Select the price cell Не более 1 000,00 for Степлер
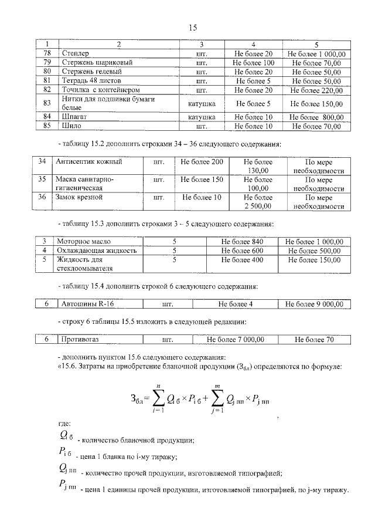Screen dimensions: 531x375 pyautogui.click(x=316, y=53)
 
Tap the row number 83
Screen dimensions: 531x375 pyautogui.click(x=48, y=103)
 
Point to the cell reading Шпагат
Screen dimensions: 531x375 pyautogui.click(x=73, y=117)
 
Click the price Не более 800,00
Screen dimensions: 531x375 pyautogui.click(x=316, y=117)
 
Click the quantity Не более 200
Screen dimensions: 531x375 pyautogui.click(x=202, y=161)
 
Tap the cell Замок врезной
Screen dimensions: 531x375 pyautogui.click(x=79, y=197)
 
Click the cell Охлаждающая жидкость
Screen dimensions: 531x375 pyautogui.click(x=96, y=250)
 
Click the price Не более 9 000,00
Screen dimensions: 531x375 pyautogui.click(x=316, y=304)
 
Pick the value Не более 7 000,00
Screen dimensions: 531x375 pyautogui.click(x=236, y=339)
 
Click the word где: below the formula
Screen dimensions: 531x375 pyautogui.click(x=64, y=423)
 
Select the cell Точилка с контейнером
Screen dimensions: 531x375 pyautogui.click(x=93, y=90)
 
